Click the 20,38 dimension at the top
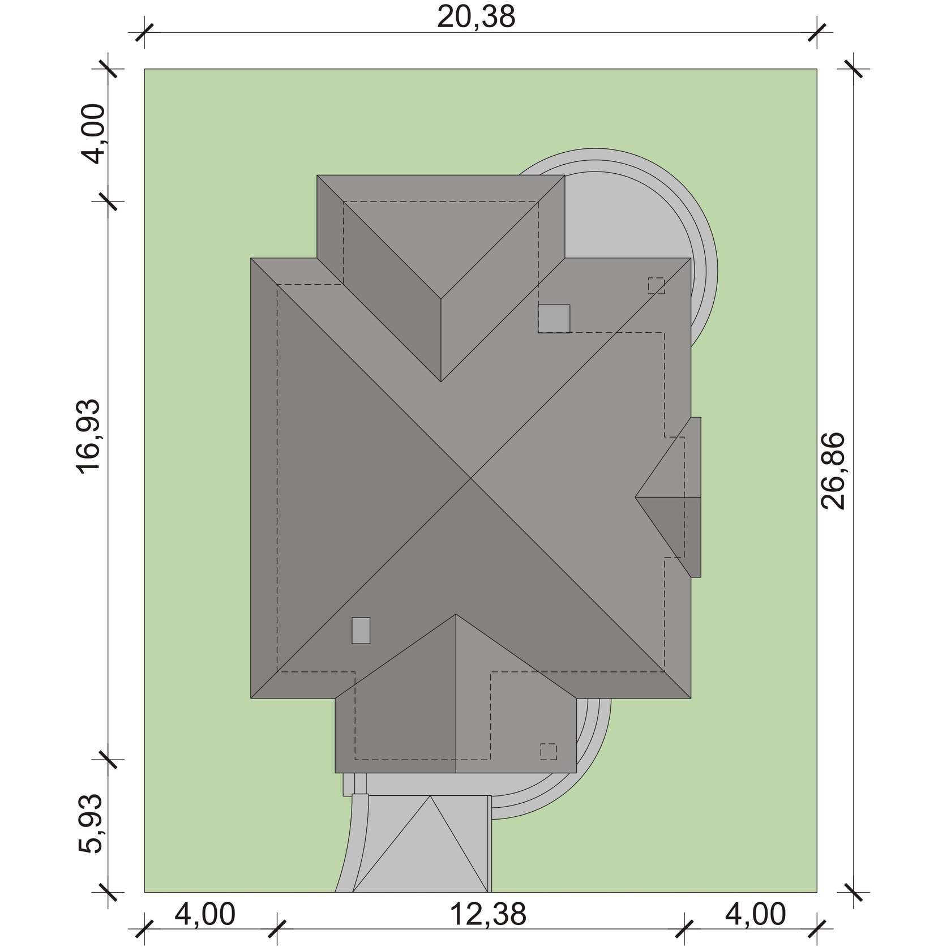tap(476, 17)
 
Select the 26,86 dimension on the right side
tap(833, 471)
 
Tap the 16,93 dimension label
tap(89, 434)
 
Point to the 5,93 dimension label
tap(89, 823)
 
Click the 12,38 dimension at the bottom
tap(488, 914)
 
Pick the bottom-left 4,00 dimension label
tap(204, 914)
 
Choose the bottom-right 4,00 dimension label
tap(755, 914)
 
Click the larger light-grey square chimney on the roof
tap(554, 319)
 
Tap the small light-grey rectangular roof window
tap(361, 630)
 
